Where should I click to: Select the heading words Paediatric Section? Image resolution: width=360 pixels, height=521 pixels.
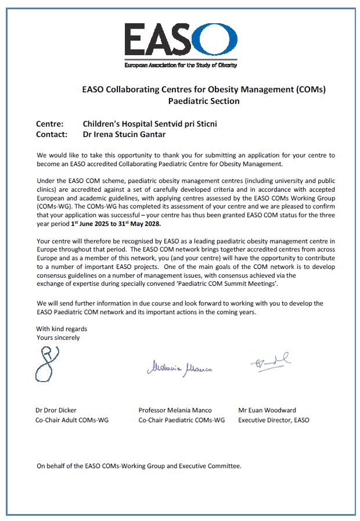pos(203,101)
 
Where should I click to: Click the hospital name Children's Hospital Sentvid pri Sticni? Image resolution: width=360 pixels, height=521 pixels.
pos(150,124)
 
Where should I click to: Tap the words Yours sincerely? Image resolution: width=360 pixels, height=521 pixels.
pos(58,337)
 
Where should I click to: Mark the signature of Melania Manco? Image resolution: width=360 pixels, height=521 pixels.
pos(174,367)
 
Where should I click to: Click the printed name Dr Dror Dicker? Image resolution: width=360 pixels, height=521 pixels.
pos(56,410)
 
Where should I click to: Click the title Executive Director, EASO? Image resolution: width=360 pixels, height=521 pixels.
pos(273,420)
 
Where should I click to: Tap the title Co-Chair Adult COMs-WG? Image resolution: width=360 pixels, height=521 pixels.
pos(71,420)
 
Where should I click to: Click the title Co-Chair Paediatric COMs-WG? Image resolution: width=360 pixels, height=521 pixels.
pos(181,420)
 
